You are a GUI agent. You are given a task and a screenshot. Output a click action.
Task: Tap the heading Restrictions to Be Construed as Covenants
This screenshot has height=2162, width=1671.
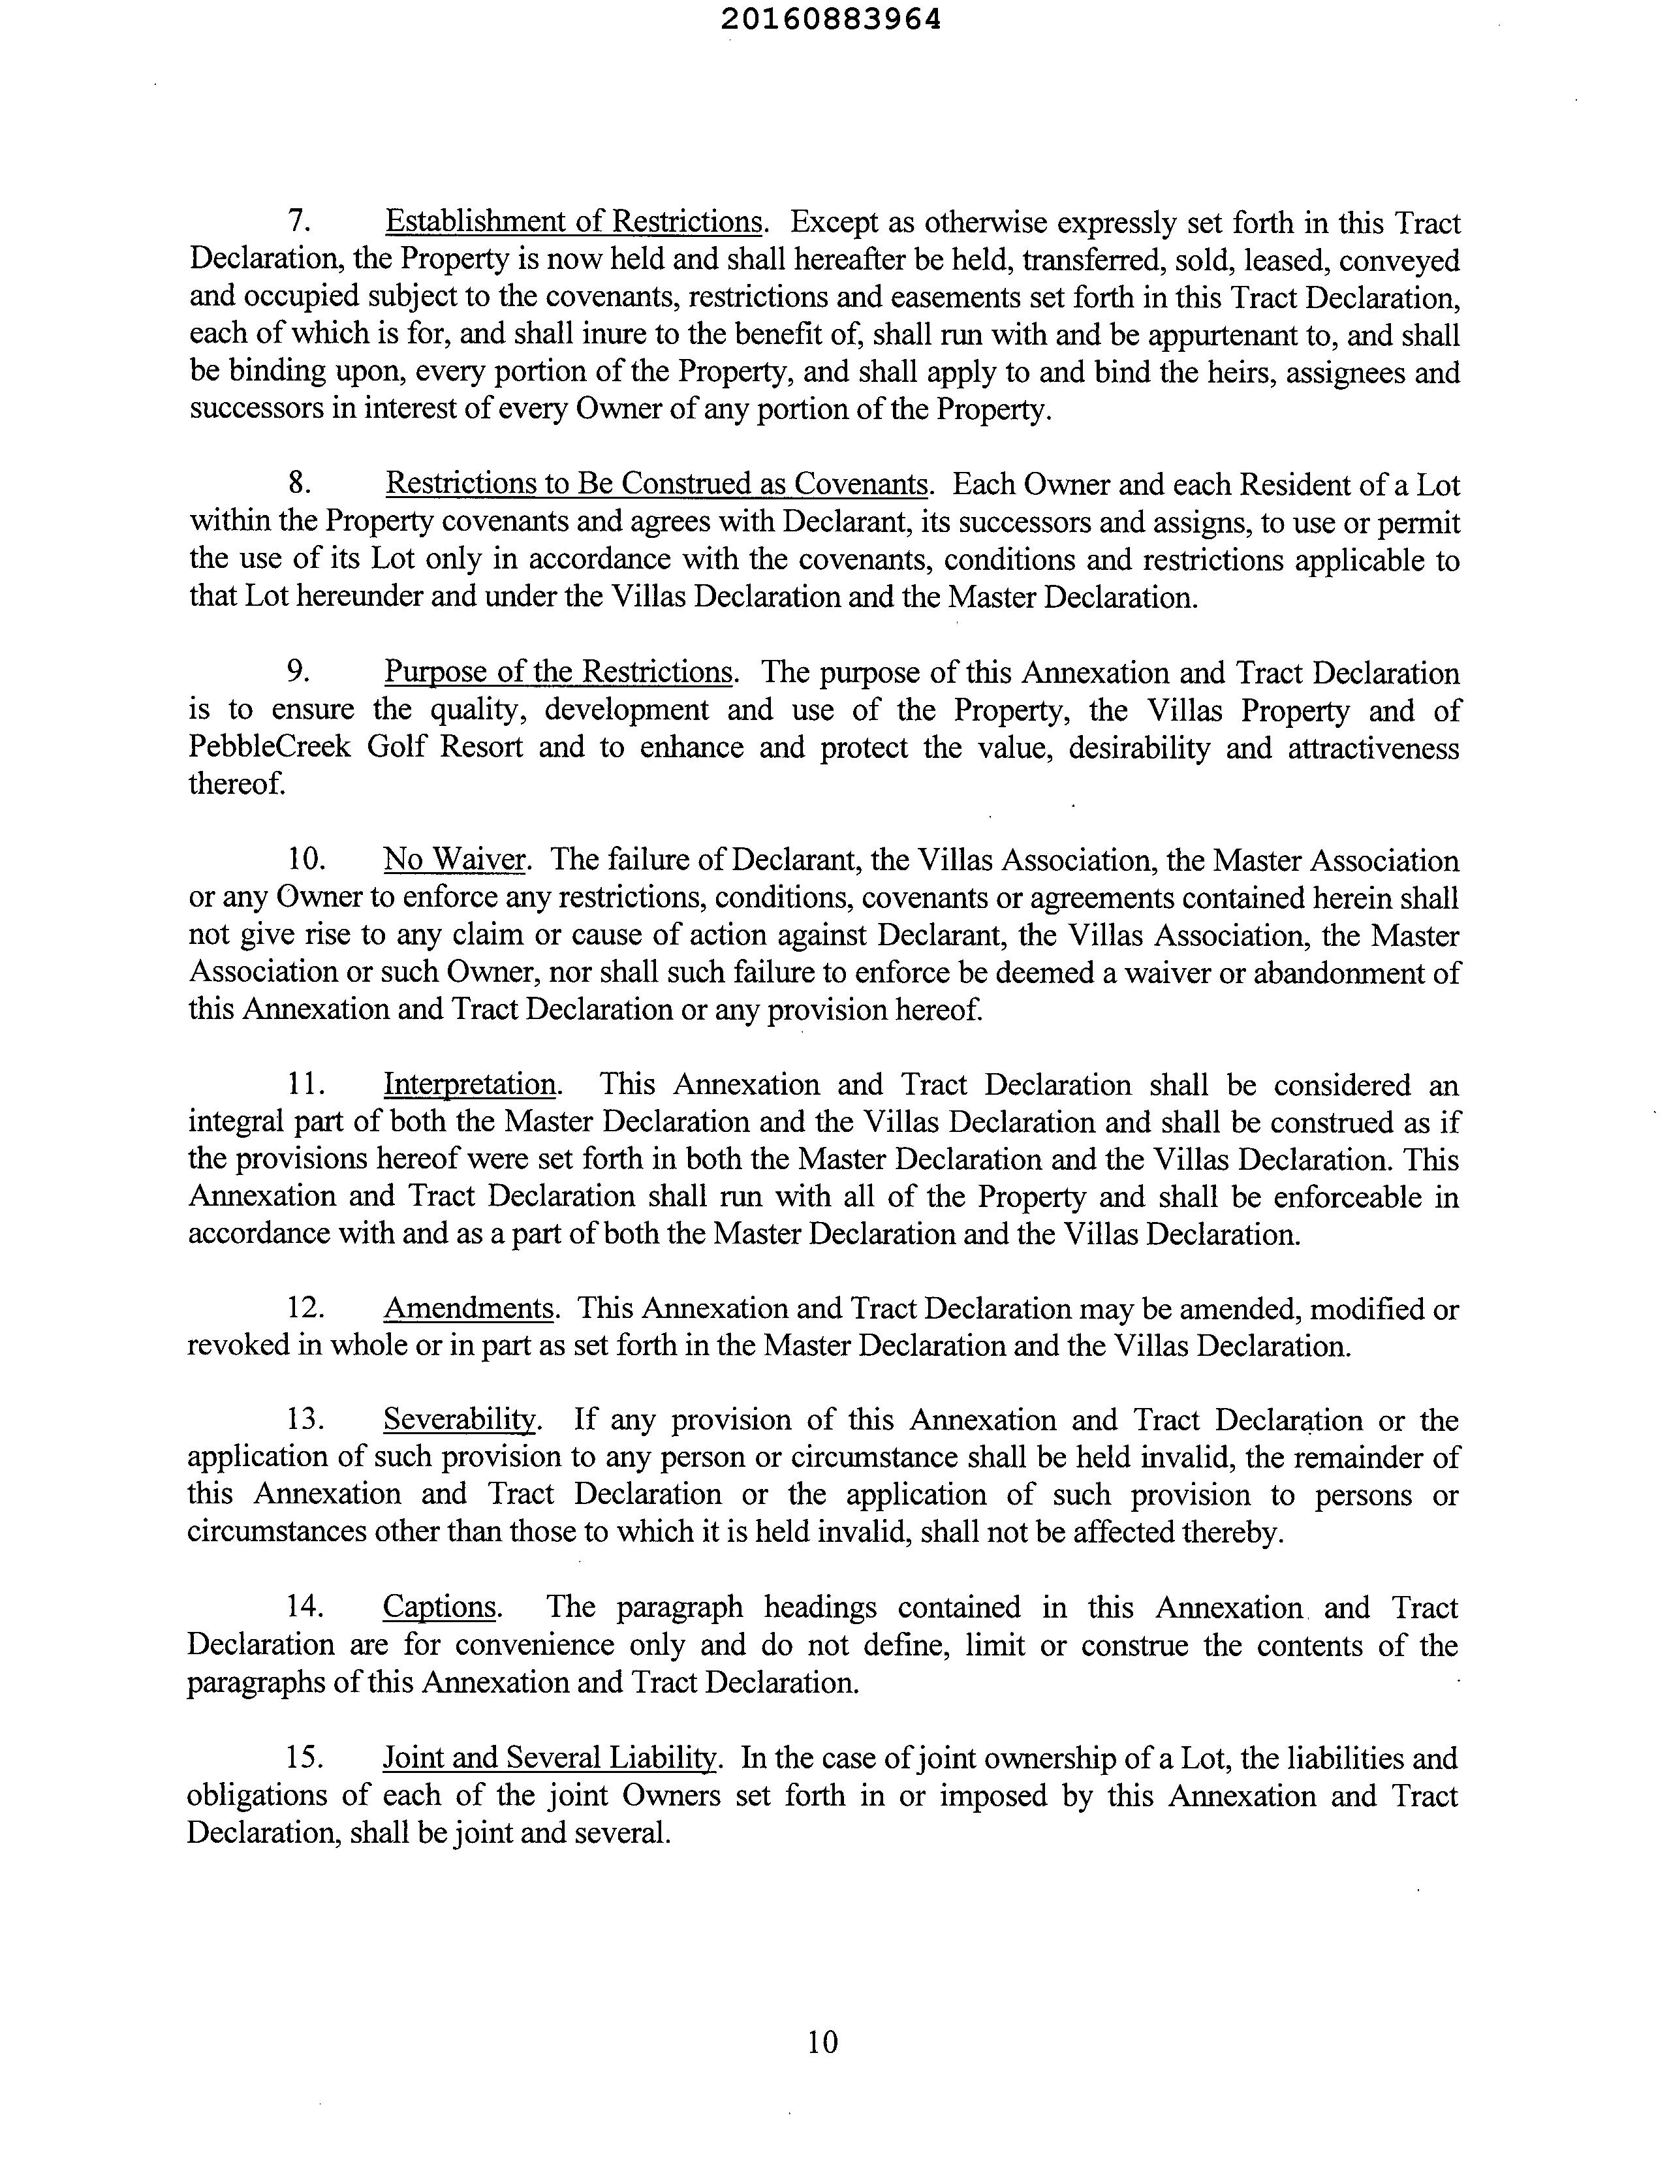click(656, 484)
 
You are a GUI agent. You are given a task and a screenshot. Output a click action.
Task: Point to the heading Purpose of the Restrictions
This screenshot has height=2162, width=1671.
click(557, 672)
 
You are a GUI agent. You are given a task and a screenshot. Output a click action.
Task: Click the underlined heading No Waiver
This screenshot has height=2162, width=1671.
click(454, 859)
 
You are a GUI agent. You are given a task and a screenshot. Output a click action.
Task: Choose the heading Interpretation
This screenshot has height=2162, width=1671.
click(469, 1084)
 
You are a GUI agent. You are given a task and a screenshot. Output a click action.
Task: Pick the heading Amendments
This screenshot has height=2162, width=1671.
click(467, 1309)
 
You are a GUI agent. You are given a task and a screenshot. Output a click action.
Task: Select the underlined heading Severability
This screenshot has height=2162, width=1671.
click(460, 1420)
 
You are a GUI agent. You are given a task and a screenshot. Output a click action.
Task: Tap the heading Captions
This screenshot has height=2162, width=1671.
click(439, 1606)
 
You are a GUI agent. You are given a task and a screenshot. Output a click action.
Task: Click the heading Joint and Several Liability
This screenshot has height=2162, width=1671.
click(548, 1757)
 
